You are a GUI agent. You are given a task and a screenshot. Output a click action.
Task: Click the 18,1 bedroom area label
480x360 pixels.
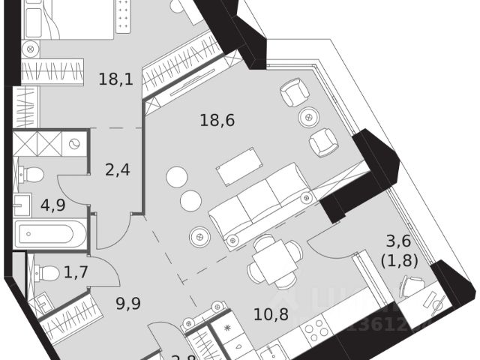[x=115, y=78]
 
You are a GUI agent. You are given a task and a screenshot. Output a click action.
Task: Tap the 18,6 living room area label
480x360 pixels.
[x=217, y=119]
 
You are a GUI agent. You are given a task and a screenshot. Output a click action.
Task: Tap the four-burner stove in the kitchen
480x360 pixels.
[x=314, y=329]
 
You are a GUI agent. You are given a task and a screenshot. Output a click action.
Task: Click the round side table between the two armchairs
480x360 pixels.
[x=308, y=117]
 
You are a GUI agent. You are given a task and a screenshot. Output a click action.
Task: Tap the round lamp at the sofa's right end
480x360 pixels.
[x=305, y=199]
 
